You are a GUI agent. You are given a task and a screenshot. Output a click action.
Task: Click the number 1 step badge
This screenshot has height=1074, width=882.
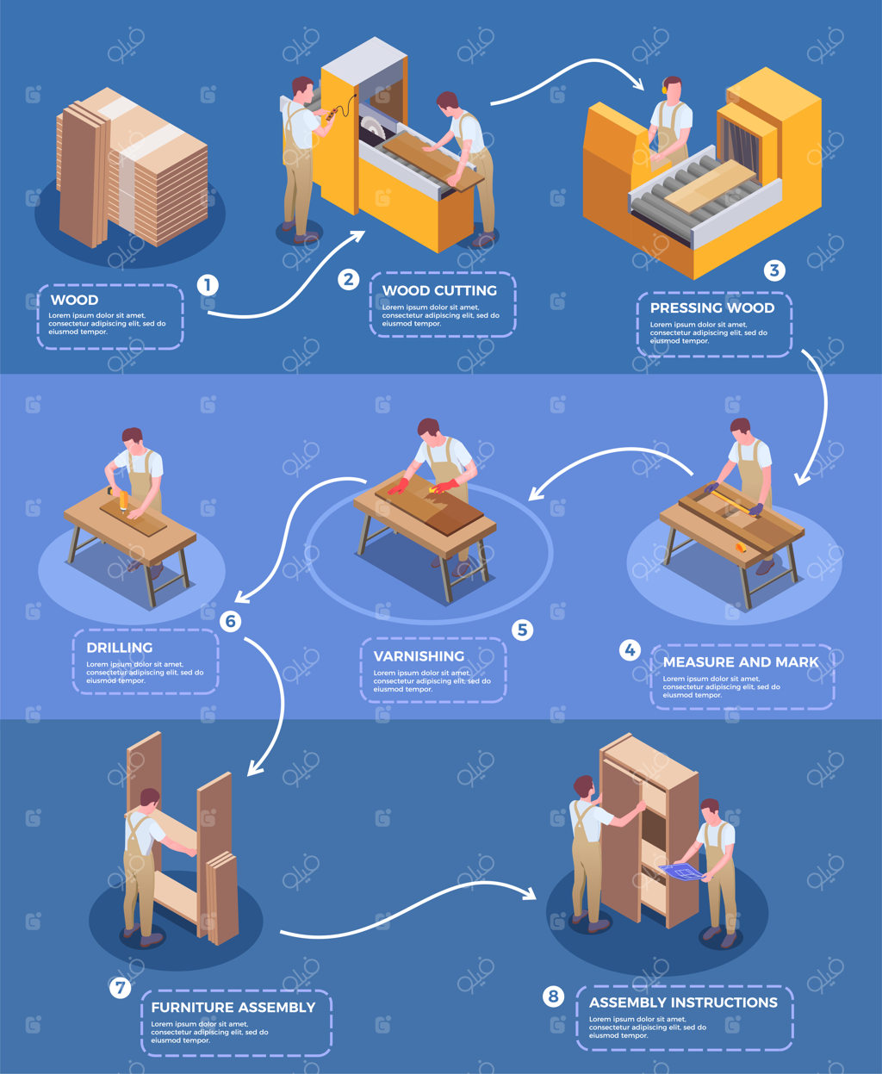click(208, 285)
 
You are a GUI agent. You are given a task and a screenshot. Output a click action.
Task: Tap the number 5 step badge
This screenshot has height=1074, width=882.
click(523, 630)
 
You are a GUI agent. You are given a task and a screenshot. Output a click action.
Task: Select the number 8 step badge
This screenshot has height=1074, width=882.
click(554, 996)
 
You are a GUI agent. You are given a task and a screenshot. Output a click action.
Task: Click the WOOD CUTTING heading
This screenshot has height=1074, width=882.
click(439, 290)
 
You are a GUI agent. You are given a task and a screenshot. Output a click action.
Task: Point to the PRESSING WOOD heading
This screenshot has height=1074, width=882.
click(712, 307)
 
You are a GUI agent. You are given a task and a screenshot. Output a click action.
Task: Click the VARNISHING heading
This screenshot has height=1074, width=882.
click(419, 656)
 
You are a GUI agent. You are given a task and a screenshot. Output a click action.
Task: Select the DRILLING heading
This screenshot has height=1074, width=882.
click(119, 648)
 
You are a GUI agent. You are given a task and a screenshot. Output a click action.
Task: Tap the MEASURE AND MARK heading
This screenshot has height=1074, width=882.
click(741, 661)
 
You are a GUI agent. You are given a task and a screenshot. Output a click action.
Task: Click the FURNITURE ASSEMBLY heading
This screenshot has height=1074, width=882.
click(233, 1007)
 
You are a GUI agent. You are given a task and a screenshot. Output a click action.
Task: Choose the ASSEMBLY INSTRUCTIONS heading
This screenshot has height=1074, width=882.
click(683, 1002)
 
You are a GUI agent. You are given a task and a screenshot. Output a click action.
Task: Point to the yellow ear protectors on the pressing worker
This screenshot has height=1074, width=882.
click(665, 87)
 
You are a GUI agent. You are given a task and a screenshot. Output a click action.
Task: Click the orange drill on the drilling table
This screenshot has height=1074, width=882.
click(122, 498)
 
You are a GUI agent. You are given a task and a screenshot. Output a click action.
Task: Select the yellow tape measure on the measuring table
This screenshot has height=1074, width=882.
click(740, 548)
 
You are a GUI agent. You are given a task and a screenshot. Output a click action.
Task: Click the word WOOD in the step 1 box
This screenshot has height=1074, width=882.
click(74, 300)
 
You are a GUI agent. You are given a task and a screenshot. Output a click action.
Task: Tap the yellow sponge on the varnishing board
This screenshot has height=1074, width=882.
click(433, 489)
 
